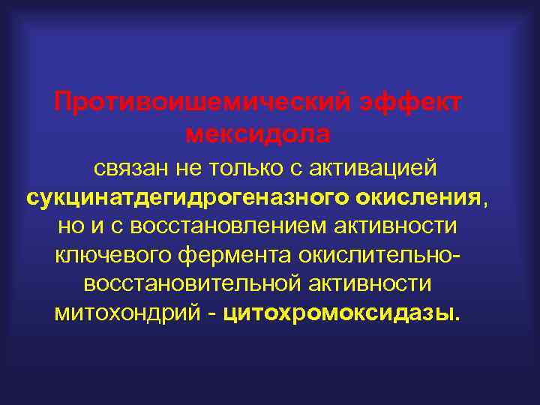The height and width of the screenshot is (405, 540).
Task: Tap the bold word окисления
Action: tap(420, 198)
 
